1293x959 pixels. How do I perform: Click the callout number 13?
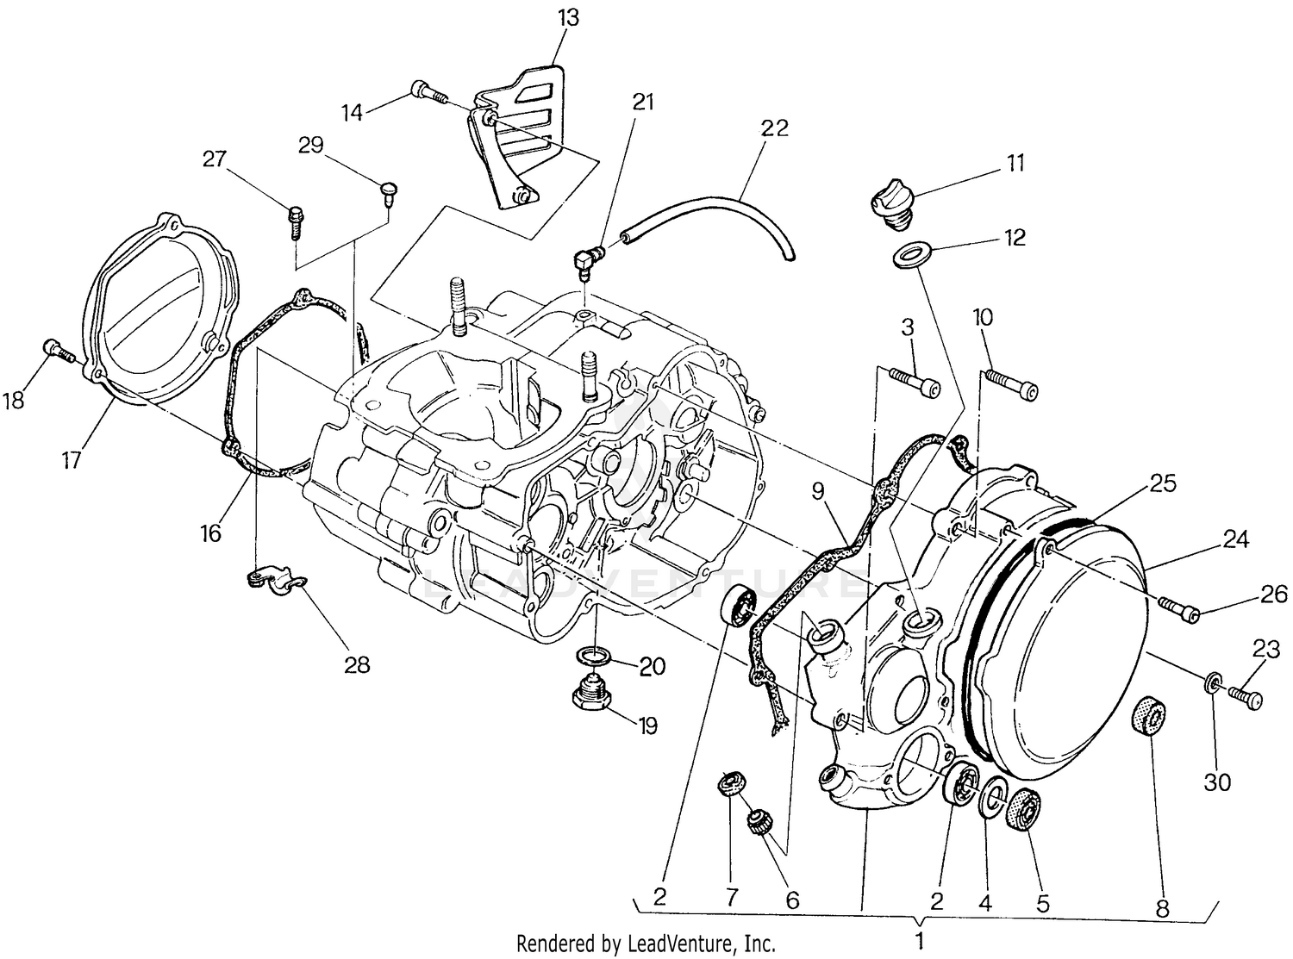(568, 18)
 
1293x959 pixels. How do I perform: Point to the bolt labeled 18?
(57, 351)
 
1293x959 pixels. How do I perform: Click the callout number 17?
(71, 460)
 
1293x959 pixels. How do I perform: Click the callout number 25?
(1162, 483)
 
